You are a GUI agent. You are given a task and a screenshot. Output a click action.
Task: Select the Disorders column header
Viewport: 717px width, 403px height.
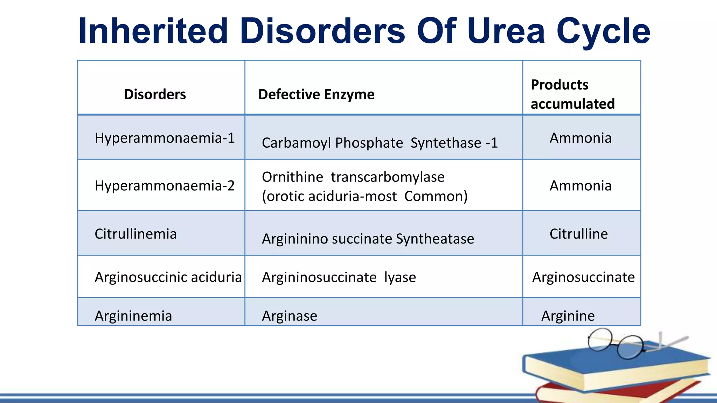[x=155, y=94]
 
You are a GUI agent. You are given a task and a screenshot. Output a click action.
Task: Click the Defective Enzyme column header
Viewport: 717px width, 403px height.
[x=316, y=94]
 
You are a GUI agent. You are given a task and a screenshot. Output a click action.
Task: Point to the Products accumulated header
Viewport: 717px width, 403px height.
[x=572, y=94]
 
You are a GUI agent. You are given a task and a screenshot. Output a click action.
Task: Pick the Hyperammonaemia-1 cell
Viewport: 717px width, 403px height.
[x=165, y=138]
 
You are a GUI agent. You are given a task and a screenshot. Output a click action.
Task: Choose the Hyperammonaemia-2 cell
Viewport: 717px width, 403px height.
[x=165, y=186]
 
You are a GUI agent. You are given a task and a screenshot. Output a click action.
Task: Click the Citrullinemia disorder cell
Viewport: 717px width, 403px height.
[x=135, y=234]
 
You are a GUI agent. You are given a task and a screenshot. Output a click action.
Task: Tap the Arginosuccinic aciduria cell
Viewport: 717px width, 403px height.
[x=168, y=277]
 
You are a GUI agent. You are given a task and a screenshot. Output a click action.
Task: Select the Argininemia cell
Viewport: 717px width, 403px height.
[x=133, y=316]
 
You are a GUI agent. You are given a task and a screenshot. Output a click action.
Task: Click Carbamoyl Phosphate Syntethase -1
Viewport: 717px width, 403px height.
[x=380, y=143]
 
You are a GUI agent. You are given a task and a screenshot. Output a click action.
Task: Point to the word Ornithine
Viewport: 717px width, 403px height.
[x=292, y=177]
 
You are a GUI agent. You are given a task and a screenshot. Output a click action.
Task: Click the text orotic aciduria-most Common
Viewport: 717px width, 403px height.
[x=364, y=197]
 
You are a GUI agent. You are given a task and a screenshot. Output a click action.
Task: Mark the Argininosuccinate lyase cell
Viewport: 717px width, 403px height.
[x=339, y=277]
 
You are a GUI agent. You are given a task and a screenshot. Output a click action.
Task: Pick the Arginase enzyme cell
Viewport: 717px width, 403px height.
[x=290, y=316]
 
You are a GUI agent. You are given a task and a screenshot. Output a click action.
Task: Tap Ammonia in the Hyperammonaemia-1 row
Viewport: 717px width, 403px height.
[x=580, y=138]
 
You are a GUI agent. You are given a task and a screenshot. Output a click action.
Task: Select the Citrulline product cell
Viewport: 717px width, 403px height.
[x=578, y=234]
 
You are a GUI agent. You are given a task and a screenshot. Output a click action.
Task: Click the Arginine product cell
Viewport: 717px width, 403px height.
[x=568, y=316]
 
